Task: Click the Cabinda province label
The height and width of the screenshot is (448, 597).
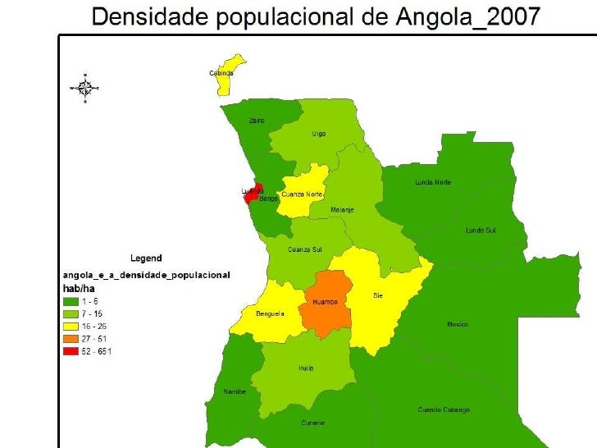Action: click(x=221, y=73)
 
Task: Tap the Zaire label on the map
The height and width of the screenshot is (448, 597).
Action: click(x=257, y=121)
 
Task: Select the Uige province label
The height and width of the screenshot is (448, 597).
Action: click(x=318, y=134)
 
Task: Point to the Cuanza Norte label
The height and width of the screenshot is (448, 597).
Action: click(x=302, y=194)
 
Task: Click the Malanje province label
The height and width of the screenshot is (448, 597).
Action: click(x=342, y=210)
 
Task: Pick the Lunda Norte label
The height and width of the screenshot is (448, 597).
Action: click(x=432, y=182)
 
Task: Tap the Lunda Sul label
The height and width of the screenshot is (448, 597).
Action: click(x=481, y=231)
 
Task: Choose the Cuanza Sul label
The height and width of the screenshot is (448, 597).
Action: click(x=303, y=249)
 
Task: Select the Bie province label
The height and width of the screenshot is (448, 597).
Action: click(x=378, y=295)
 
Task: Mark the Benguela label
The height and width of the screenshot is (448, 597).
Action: click(x=270, y=313)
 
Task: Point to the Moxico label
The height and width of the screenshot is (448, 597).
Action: click(x=458, y=324)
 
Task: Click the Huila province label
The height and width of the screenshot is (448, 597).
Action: click(x=306, y=368)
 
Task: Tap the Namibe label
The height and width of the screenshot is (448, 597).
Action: click(x=235, y=392)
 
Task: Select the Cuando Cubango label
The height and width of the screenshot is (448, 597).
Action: click(x=444, y=409)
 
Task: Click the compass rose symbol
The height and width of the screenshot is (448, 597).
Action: click(x=84, y=87)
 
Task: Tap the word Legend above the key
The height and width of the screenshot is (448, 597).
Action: click(x=147, y=258)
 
